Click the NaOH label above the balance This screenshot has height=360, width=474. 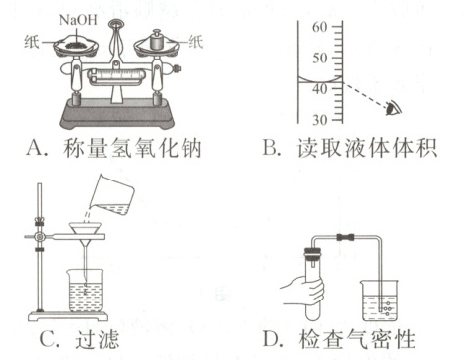pos(78,20)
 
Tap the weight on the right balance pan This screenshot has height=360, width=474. pos(157,40)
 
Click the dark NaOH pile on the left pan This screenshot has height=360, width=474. pos(76,44)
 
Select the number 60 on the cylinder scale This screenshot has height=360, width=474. pos(320,27)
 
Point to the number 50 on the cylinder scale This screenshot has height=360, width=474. pos(320,58)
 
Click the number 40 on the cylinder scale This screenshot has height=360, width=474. pos(320,89)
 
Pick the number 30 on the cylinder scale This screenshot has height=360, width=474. pos(320,120)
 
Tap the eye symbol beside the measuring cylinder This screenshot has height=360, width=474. pos(393,108)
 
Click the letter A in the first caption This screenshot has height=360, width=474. pos(35,148)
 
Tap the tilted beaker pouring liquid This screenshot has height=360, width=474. pos(112,195)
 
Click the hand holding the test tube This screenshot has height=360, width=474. pos(302,291)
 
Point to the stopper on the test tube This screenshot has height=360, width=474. pos(312,253)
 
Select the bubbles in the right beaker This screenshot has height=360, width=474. pos(387,308)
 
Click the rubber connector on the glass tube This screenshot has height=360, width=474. pos(345,237)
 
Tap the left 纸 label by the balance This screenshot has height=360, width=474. pos(32,42)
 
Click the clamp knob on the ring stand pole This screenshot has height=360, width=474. pos(40,237)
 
